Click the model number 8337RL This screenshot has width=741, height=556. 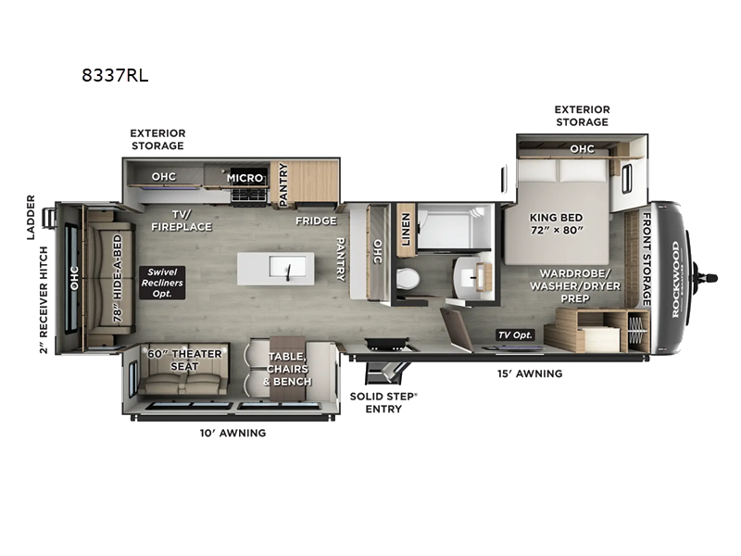pos(115,77)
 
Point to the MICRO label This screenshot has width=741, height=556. pos(245,177)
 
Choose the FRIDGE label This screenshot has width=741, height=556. pos(315,221)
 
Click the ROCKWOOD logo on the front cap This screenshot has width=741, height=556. pos(675,279)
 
